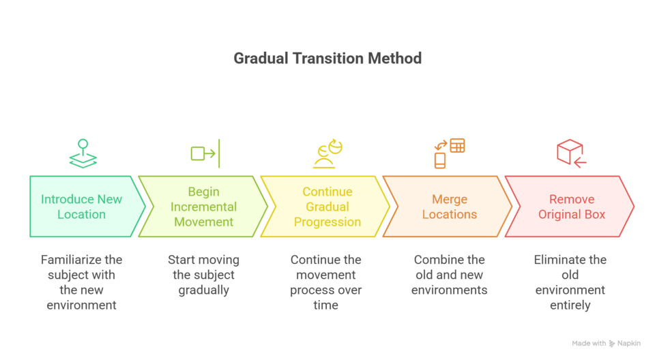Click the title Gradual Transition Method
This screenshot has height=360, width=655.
coord(327,58)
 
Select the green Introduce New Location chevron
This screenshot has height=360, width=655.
coord(82,207)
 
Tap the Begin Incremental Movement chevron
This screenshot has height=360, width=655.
coord(203,207)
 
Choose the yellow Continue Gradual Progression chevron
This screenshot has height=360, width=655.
coord(327,207)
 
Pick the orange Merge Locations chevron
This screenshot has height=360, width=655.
coord(449,207)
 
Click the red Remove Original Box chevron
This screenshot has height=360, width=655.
coord(570,207)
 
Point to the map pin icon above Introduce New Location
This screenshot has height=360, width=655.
coord(83,153)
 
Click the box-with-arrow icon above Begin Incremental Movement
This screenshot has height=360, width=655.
coord(205,153)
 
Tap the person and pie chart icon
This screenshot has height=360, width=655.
coord(327,153)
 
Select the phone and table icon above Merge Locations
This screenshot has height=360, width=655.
coord(450,153)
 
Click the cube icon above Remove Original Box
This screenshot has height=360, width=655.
coord(571,153)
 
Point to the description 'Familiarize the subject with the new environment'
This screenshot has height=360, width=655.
coord(82,282)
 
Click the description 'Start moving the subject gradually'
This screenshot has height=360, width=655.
coord(203,275)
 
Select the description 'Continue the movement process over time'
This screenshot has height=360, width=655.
coord(326,282)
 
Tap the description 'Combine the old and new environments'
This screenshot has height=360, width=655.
coord(449,275)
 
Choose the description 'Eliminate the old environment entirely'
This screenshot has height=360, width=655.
coord(570,282)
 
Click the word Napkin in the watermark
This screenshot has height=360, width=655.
coord(628,344)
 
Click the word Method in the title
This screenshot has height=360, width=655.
coord(395,58)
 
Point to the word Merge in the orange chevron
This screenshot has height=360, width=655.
coord(450,199)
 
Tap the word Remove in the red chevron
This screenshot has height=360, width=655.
coord(570,199)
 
